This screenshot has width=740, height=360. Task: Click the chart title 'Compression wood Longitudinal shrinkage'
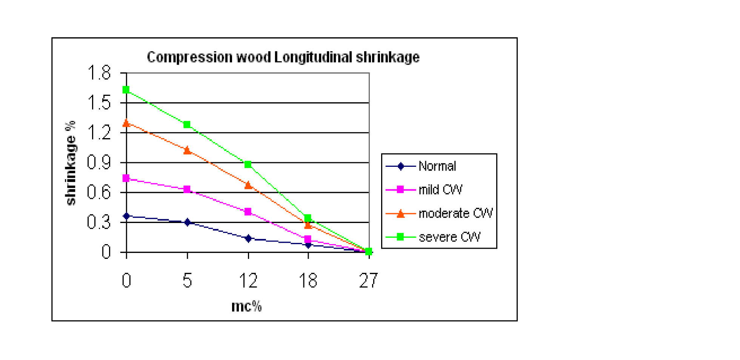[x=283, y=57]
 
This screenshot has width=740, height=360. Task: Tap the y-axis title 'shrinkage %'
[x=71, y=163]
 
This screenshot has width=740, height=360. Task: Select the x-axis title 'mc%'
[x=246, y=306]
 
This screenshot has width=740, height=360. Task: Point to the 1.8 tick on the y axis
[x=99, y=73]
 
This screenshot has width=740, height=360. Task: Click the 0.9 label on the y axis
[x=99, y=163]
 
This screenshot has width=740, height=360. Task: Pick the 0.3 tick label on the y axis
[x=99, y=222]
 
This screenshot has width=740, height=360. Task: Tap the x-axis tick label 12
[x=248, y=281]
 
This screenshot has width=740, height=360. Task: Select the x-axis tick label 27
[x=368, y=281]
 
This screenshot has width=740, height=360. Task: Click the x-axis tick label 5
[x=187, y=281]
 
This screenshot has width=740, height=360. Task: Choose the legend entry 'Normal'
[x=437, y=166]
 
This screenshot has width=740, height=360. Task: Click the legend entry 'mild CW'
[x=440, y=189]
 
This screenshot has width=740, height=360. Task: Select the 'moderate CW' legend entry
[x=455, y=213]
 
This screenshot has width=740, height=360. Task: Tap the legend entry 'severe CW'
[x=449, y=237]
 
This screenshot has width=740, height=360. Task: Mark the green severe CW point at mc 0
[x=126, y=90]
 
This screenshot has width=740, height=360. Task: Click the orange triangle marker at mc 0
[x=126, y=123]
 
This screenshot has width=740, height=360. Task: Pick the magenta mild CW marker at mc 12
[x=248, y=212]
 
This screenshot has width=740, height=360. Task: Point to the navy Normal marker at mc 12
[x=248, y=238]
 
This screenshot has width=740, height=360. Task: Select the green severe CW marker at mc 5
[x=187, y=125]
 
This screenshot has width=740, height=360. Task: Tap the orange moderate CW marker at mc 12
[x=248, y=185]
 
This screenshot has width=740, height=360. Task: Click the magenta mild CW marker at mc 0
[x=126, y=178]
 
